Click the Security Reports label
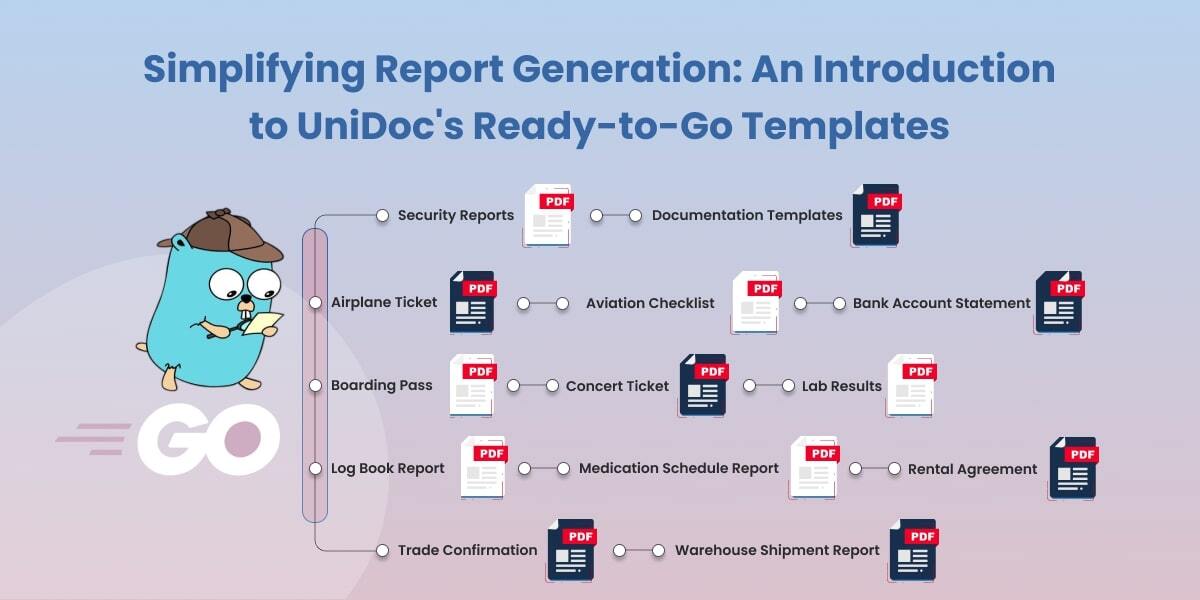[455, 215]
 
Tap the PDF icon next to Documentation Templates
[875, 215]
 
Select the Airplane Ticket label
[384, 302]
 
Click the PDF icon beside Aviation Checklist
[756, 302]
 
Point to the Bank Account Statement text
[941, 303]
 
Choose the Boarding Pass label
[381, 385]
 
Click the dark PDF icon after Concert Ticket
[703, 385]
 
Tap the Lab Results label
[842, 385]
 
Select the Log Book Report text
[387, 468]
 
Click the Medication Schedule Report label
[678, 468]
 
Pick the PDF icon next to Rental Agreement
[1072, 468]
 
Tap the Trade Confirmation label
[467, 550]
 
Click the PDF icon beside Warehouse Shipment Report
[913, 550]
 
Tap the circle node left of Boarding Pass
[315, 385]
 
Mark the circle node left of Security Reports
[382, 215]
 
